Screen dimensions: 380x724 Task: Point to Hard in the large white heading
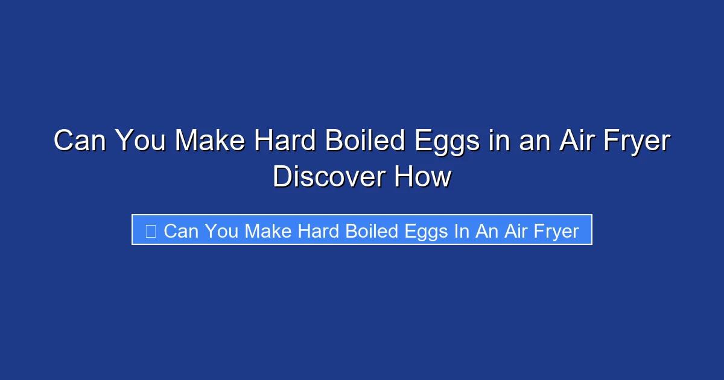285,142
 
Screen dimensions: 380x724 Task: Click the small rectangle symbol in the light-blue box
150,230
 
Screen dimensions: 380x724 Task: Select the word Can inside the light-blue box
180,230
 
